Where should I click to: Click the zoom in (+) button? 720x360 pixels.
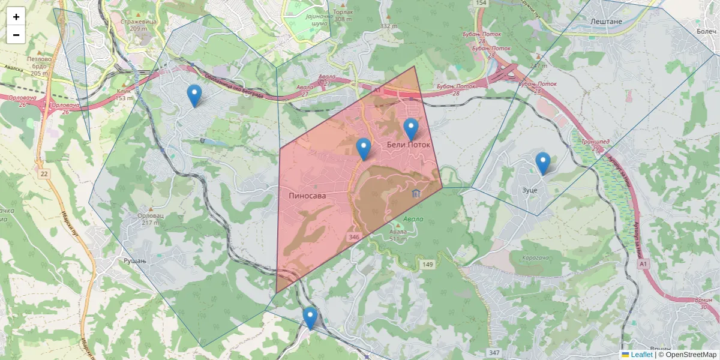(16, 17)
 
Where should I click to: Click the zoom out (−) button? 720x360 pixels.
(16, 35)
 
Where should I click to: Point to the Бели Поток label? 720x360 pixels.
(409, 145)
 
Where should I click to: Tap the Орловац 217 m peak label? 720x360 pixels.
(150, 219)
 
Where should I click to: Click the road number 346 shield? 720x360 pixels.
(353, 238)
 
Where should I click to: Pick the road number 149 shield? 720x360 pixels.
(427, 265)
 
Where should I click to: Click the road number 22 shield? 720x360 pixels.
(44, 173)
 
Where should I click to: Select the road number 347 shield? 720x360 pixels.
(494, 352)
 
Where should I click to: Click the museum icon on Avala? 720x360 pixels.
(416, 193)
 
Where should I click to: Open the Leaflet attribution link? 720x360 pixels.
(641, 355)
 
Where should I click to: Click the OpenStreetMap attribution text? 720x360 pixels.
(687, 355)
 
